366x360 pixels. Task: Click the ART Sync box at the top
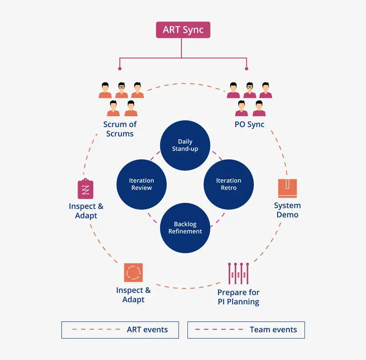183,30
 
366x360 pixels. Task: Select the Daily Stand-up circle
185,146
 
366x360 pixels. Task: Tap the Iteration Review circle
141,184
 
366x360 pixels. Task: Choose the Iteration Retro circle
228,184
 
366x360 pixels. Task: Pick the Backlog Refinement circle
185,228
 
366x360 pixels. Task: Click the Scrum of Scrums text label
120,129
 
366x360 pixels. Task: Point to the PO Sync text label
249,125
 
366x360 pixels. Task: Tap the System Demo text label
287,210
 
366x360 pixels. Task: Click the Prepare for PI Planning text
238,297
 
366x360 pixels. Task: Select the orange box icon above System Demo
287,188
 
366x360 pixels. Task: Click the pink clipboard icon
85,189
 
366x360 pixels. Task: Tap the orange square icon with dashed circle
133,273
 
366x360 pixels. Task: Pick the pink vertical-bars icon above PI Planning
239,274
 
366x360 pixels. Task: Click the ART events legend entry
120,330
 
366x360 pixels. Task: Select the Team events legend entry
246,330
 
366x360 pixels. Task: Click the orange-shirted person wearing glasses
122,90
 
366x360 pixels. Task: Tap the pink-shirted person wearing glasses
250,90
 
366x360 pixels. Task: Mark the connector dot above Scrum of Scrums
119,68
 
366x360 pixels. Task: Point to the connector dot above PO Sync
246,68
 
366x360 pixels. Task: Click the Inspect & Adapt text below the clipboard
86,211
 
